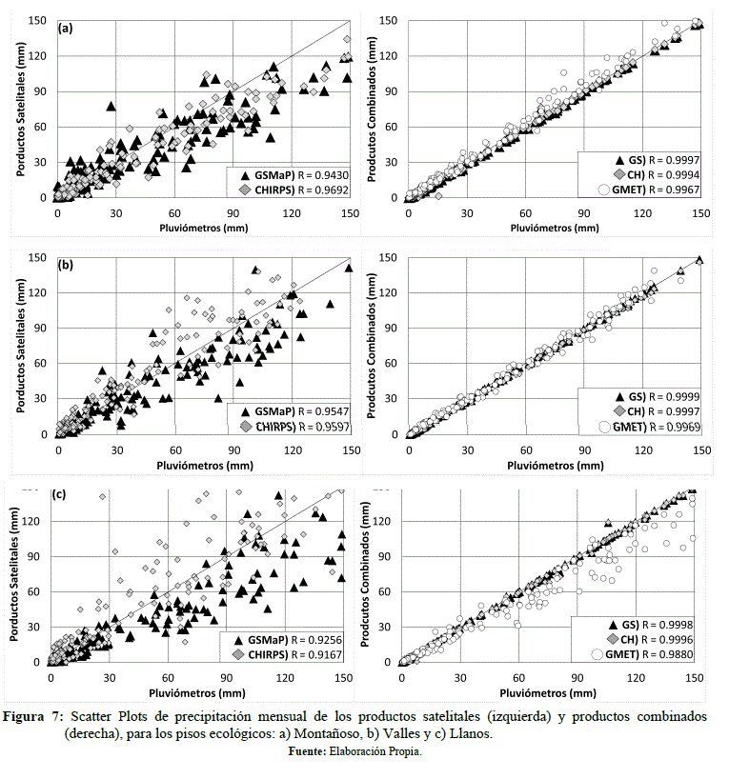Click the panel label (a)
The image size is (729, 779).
[67, 28]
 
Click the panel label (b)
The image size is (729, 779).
[67, 266]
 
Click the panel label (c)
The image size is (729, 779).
[60, 495]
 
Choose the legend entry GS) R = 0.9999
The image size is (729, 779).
[661, 395]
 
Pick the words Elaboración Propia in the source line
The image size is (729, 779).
[375, 751]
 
